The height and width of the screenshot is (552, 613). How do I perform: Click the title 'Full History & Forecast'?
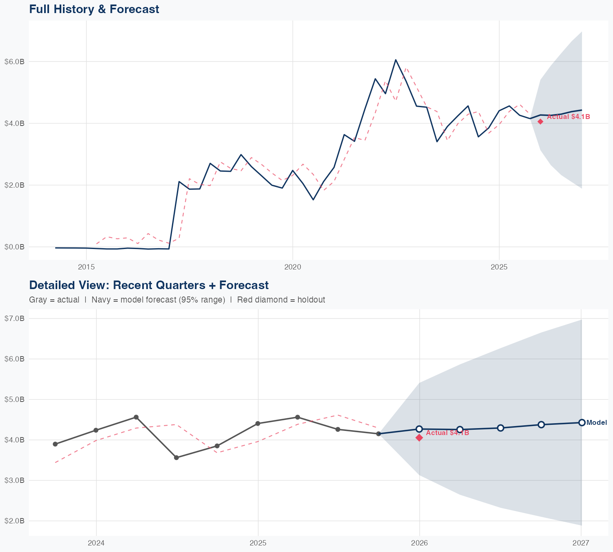(94, 9)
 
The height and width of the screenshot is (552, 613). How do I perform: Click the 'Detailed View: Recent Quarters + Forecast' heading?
(149, 285)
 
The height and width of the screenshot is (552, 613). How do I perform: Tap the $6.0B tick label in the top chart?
(14, 62)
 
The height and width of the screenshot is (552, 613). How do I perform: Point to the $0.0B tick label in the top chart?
(14, 247)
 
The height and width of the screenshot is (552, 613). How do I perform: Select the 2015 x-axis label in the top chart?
(86, 267)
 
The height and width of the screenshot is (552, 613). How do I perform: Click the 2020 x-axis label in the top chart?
(293, 267)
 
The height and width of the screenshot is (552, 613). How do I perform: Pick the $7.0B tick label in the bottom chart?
(14, 319)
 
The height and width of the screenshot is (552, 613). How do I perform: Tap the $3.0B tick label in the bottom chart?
(14, 480)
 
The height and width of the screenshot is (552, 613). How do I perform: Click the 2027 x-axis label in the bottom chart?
(581, 543)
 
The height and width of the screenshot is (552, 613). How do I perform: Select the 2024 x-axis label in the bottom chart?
(96, 543)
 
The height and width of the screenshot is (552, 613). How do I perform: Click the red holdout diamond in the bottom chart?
(419, 438)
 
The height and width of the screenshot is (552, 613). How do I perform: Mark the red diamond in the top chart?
(540, 121)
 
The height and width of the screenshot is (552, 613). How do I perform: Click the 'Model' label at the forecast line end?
(597, 423)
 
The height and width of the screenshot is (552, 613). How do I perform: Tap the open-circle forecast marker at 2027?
(582, 423)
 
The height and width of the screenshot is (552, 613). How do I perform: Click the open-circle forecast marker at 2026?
(419, 429)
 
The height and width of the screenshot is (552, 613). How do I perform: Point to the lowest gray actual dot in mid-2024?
(177, 458)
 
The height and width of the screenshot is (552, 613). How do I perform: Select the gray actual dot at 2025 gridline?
(257, 424)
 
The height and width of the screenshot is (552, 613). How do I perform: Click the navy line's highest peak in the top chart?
(396, 60)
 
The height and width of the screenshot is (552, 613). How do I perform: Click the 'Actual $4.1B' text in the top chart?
(568, 117)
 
